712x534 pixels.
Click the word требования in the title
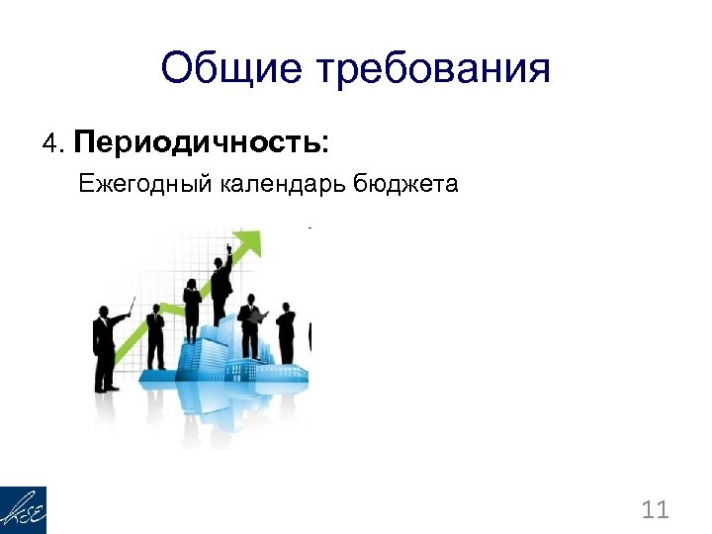tap(432, 71)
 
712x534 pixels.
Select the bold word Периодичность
tap(195, 143)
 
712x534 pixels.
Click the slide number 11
tap(655, 510)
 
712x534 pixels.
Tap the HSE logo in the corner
tap(23, 510)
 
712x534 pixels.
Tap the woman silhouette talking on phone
tap(155, 336)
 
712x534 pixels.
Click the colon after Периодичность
tap(325, 145)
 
